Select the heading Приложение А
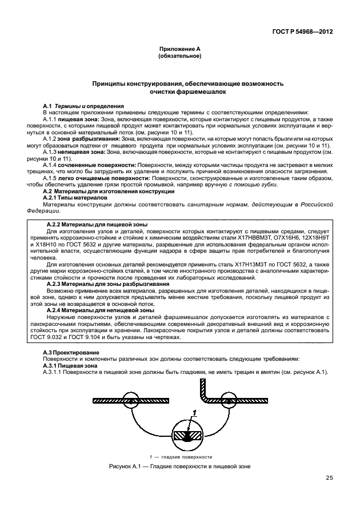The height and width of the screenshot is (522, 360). [x=179, y=50]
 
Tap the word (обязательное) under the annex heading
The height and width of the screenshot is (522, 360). [x=179, y=57]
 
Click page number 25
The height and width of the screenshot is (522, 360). [x=329, y=478]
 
